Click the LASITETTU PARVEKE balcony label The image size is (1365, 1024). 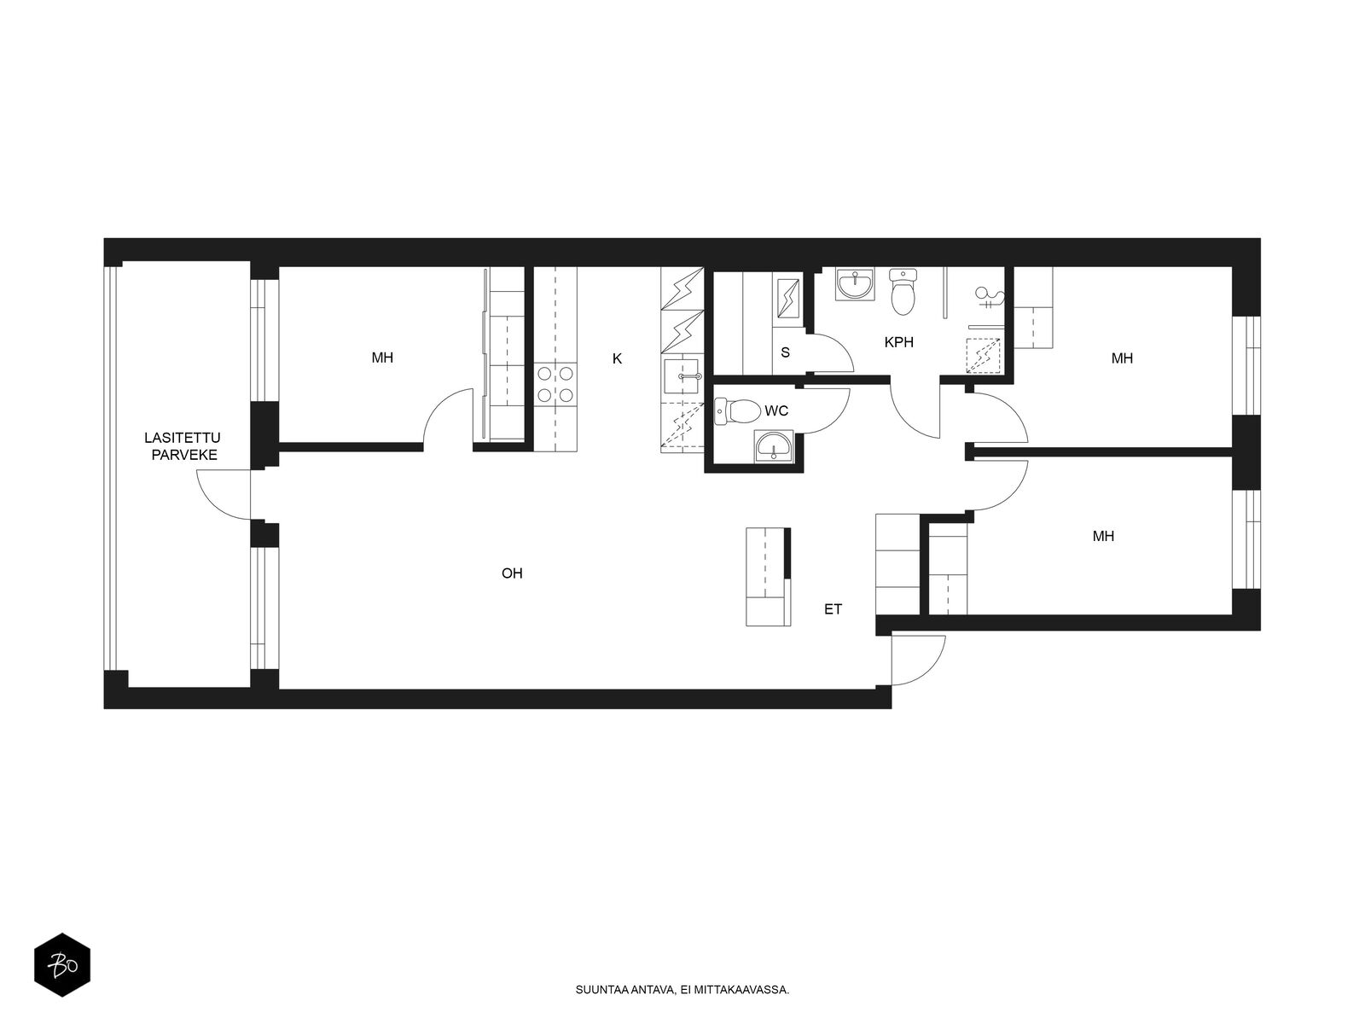(x=182, y=446)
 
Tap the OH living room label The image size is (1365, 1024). (x=512, y=573)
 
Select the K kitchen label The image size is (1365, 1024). (x=617, y=358)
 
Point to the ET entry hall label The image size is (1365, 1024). (x=833, y=609)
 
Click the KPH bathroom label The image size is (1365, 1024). (x=898, y=342)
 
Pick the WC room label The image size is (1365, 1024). (x=776, y=411)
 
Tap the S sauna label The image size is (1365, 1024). (x=785, y=352)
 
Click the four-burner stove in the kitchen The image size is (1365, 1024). (x=555, y=384)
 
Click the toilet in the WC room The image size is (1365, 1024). (x=738, y=411)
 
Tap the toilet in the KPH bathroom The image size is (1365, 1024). (x=903, y=292)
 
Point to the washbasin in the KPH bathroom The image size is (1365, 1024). (x=855, y=285)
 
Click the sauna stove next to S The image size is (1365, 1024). (x=788, y=299)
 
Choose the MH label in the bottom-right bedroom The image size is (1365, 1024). (x=1103, y=536)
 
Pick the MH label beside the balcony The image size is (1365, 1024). (x=382, y=358)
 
